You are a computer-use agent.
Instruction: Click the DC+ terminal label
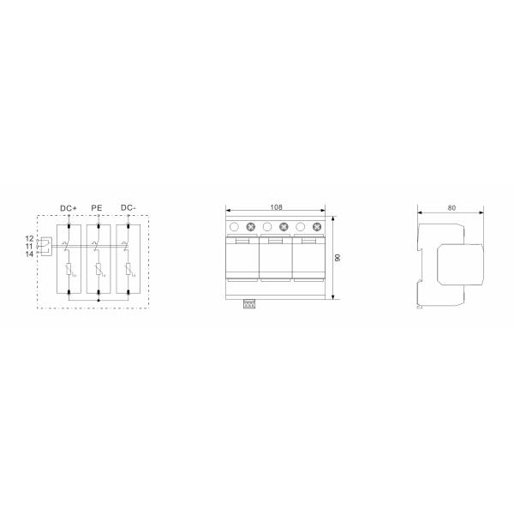[69, 208]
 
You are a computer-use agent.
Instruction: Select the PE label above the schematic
[97, 208]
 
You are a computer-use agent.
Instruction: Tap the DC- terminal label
[127, 208]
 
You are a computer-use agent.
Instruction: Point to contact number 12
[29, 237]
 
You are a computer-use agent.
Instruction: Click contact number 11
[29, 246]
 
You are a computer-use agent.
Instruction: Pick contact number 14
[29, 254]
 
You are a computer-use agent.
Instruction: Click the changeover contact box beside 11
[45, 246]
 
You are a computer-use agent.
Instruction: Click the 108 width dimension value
[276, 207]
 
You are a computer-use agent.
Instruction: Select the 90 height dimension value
[338, 258]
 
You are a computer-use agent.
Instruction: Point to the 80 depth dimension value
[451, 207]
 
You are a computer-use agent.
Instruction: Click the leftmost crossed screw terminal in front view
[251, 227]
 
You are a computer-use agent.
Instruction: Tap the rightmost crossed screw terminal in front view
[317, 227]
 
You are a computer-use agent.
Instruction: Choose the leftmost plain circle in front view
[235, 227]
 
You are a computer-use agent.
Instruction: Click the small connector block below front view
[250, 303]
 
